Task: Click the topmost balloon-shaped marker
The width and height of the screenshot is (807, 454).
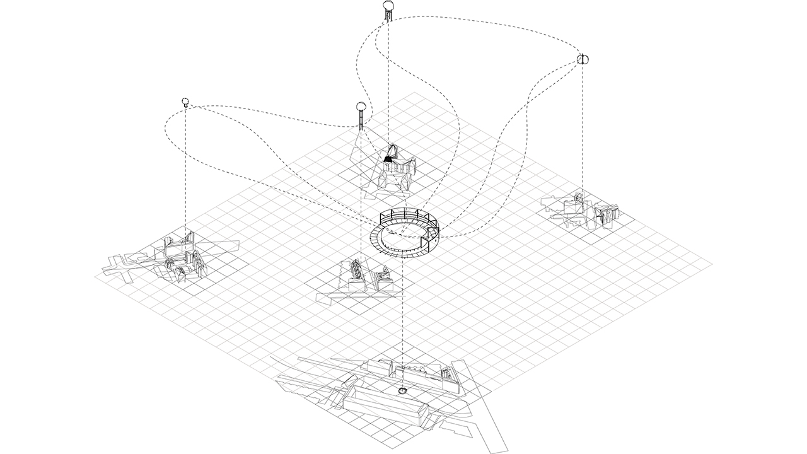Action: coord(389,8)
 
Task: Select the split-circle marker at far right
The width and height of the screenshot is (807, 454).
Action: coord(583,59)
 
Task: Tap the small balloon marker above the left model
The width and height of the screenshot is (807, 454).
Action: coord(185,101)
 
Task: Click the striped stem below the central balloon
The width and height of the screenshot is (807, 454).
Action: coord(361,120)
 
